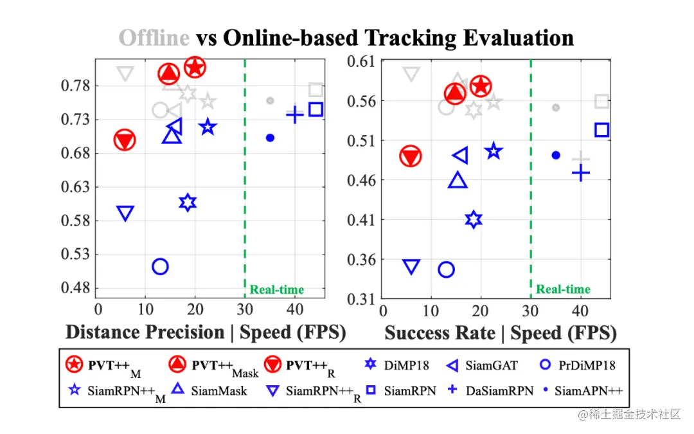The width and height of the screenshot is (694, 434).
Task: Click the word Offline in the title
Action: tap(154, 38)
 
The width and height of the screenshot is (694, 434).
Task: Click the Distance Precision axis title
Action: tap(145, 332)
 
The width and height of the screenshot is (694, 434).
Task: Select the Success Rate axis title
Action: tap(440, 333)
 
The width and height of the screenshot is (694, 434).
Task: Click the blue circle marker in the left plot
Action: tap(160, 266)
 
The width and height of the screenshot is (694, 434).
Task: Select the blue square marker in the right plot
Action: tap(601, 130)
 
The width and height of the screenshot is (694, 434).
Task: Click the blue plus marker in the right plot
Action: tap(581, 172)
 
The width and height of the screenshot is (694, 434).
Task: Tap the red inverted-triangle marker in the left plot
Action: tap(125, 140)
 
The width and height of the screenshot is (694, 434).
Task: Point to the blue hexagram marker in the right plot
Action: tap(474, 220)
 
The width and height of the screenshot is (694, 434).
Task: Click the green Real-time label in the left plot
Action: tap(277, 290)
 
